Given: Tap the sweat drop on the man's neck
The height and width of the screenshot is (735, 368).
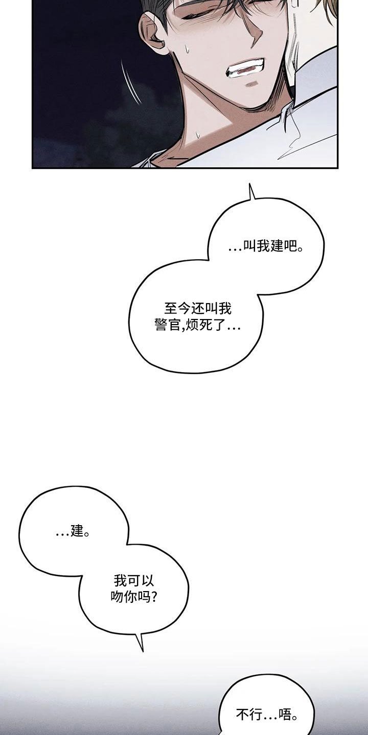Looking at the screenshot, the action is coord(198,135).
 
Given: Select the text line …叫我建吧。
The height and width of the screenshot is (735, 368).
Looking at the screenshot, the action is coord(266,246).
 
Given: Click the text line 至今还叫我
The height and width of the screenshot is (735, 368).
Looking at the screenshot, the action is coord(198,308).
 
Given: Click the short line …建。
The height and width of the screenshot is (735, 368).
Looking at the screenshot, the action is coord(73,531).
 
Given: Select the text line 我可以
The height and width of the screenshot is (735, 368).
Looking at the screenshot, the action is coord(134,580).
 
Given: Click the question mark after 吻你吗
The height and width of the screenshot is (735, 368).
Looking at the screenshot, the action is coord(153,597).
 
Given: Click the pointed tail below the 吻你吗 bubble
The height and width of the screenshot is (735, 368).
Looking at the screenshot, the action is coord(140,641).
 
